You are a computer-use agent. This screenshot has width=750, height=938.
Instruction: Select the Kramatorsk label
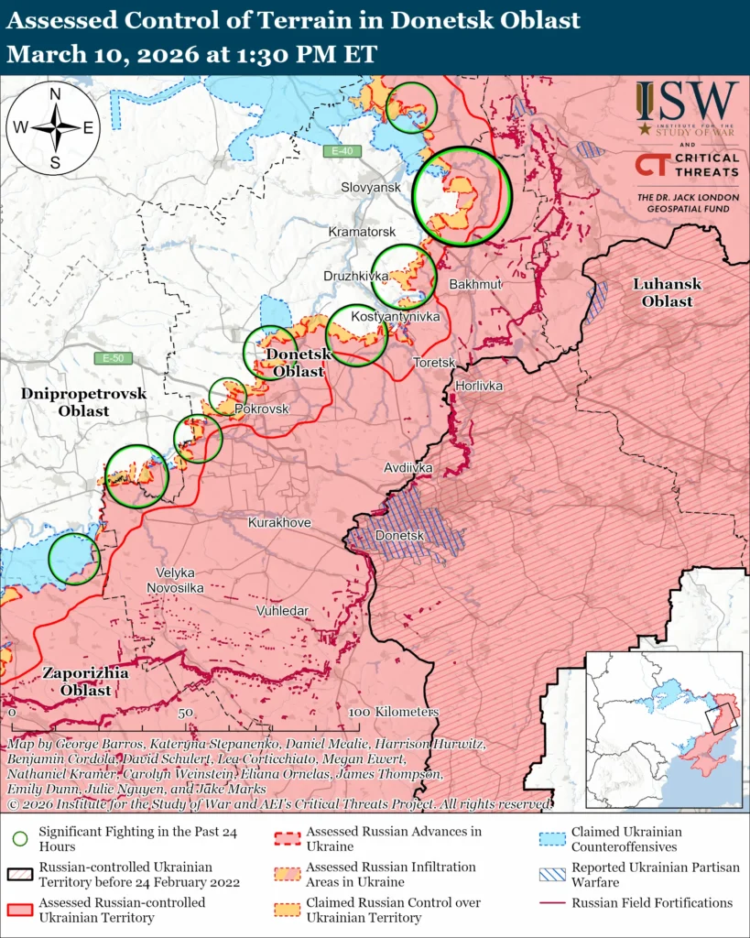point(362,233)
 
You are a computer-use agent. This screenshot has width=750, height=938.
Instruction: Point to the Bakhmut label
point(475,285)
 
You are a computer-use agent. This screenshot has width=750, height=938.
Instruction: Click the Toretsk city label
point(434,363)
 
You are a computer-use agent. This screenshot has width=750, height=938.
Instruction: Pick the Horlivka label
point(479,386)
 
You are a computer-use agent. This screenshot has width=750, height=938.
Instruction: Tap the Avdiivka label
point(408,468)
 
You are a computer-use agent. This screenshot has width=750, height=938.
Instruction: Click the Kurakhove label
point(279,522)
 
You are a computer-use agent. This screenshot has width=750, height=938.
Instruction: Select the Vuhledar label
point(282,610)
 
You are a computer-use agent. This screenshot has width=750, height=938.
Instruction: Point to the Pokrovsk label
point(262,409)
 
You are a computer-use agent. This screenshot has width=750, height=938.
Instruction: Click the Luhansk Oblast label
point(667,292)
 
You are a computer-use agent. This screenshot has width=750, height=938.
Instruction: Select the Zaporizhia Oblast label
point(86,682)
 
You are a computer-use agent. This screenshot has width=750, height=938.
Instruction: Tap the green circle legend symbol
point(20,838)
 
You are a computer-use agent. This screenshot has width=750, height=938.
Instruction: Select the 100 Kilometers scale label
point(394,712)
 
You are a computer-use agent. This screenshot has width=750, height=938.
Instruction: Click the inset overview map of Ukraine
point(663,717)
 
